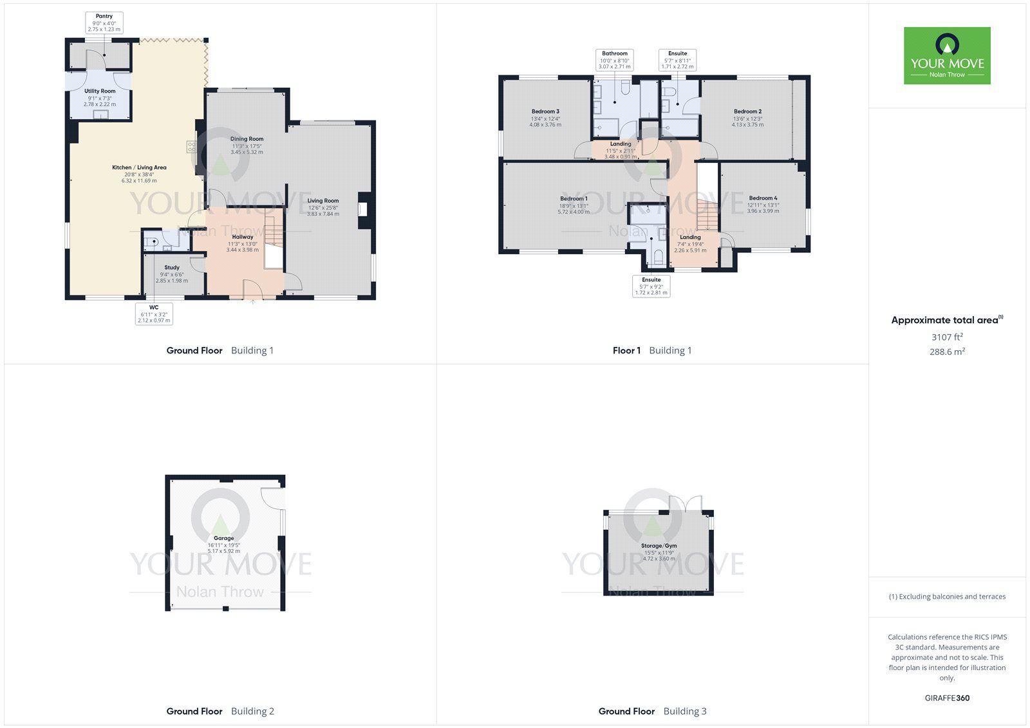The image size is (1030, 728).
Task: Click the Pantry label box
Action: (x=104, y=23)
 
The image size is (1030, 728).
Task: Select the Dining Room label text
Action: (x=247, y=139)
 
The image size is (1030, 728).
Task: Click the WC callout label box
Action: (x=154, y=313)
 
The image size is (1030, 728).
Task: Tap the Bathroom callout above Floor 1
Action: (x=615, y=60)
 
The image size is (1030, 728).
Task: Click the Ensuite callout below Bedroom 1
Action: (x=651, y=286)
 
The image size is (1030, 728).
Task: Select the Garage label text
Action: (x=224, y=538)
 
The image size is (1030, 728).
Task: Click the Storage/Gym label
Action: (x=659, y=546)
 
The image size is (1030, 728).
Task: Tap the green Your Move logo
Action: (x=947, y=55)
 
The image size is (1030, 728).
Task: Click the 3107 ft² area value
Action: (x=947, y=337)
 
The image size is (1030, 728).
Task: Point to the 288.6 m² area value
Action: (x=947, y=352)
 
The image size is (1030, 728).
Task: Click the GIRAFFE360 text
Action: (x=947, y=698)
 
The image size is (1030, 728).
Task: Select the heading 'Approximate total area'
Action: (x=947, y=320)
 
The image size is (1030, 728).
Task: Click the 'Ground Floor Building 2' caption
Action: (x=220, y=711)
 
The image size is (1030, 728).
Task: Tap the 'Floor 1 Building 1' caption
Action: (x=652, y=350)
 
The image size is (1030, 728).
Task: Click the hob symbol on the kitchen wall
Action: (x=191, y=147)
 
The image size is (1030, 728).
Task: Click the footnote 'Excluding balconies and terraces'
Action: (x=947, y=597)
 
